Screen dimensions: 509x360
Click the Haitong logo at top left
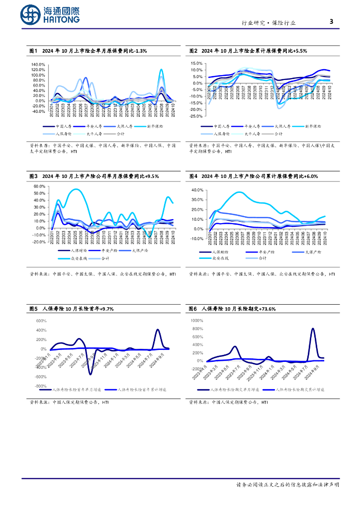(50, 15)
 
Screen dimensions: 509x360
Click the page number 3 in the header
(331, 21)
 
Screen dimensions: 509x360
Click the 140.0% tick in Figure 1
(38, 65)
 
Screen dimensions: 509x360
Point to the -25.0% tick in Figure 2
(195, 116)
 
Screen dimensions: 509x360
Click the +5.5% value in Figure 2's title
(300, 51)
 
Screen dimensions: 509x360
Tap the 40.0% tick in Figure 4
(197, 190)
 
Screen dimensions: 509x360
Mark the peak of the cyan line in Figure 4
(240, 192)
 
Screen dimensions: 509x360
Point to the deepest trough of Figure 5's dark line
(90, 373)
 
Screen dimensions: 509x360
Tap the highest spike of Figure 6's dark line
(313, 329)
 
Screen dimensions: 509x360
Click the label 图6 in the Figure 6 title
(193, 309)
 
